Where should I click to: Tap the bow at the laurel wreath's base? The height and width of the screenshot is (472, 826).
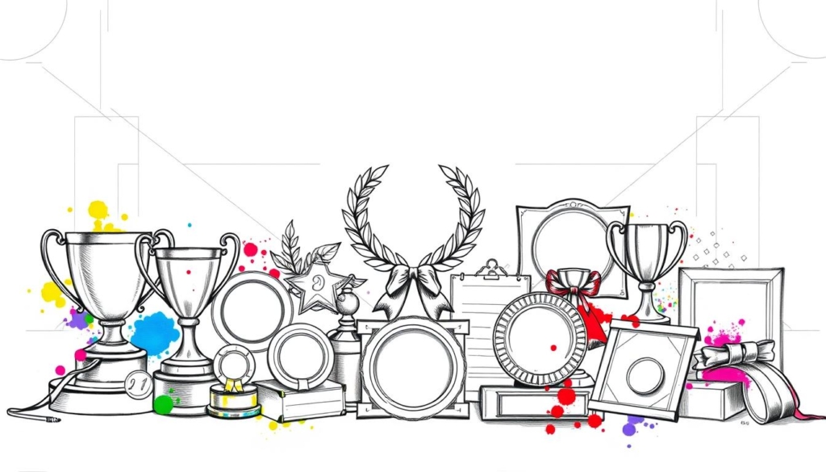tap(413, 282)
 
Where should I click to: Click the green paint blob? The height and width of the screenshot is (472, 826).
tap(164, 403)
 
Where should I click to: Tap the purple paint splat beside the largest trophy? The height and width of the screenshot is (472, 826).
tap(77, 320)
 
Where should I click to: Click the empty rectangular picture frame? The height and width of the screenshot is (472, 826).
tap(730, 307)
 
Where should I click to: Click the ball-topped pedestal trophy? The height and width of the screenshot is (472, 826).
tap(346, 339)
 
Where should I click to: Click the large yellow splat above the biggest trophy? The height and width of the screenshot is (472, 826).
tap(98, 211)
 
